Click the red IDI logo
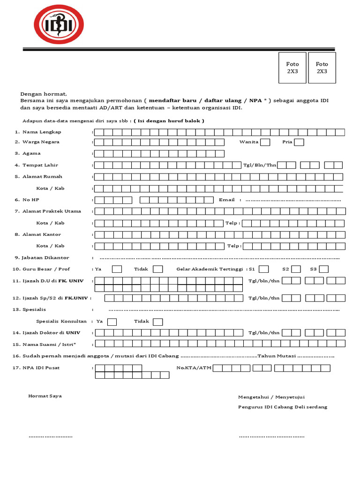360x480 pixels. pos(58,24)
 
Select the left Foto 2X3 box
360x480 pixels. pos(292,67)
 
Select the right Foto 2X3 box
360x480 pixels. pos(322,67)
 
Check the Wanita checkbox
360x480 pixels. pos(265,142)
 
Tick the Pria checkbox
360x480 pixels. pos(299,142)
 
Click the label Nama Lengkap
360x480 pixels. pos(42,132)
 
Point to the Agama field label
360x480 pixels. pos(31,153)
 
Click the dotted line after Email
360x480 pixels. pos(293,200)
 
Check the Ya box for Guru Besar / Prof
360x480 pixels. pos(117,269)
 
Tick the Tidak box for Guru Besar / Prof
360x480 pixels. pos(158,269)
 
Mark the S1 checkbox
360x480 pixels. pos(264,269)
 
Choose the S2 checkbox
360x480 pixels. pos(296,269)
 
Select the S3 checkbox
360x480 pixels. pos(323,269)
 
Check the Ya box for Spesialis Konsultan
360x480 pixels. pos(112,322)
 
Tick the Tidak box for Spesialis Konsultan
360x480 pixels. pos(158,322)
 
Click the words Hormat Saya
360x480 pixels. pos(45,396)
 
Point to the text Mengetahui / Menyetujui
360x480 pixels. pos(271,397)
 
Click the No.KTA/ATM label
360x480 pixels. pos(194,368)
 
